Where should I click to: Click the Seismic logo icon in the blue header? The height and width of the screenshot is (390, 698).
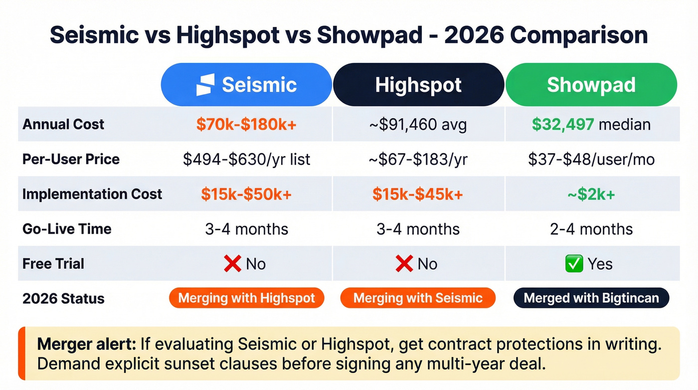tap(205, 85)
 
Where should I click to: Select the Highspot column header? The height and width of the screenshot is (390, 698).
tap(418, 85)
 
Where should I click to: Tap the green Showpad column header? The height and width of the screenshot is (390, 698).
tap(591, 85)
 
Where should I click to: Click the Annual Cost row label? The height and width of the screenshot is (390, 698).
tap(63, 124)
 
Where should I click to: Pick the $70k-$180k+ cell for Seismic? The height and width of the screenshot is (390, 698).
tap(246, 124)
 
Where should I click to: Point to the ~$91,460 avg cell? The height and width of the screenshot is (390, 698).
tap(418, 124)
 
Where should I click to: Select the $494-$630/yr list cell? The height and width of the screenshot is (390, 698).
tap(246, 159)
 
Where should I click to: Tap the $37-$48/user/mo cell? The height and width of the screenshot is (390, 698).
tap(591, 159)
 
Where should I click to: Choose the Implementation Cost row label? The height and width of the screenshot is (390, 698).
tap(92, 194)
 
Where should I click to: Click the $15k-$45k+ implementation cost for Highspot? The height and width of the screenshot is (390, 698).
tap(418, 194)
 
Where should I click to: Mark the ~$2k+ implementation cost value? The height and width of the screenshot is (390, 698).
tap(591, 194)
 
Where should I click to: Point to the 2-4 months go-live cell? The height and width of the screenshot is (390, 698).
tap(591, 229)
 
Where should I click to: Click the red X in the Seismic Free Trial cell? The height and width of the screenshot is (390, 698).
tap(232, 264)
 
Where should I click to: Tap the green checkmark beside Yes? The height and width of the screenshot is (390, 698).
tap(574, 264)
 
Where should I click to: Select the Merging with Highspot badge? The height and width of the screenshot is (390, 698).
tap(246, 299)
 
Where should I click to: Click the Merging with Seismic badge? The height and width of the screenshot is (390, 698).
tap(418, 299)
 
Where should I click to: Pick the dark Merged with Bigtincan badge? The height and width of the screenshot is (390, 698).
tap(591, 299)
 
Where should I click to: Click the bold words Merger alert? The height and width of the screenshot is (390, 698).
tap(86, 344)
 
